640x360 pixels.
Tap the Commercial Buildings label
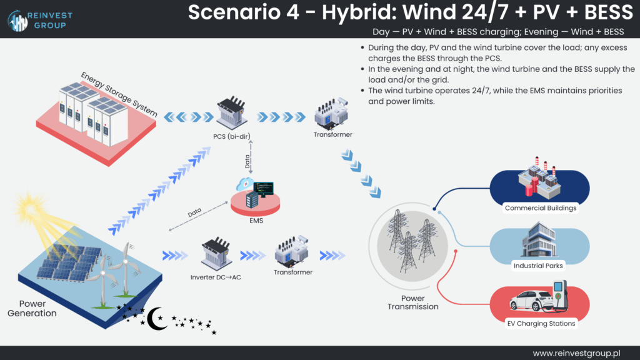(x=541, y=208)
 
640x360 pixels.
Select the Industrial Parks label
(x=538, y=266)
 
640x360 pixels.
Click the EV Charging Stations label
(x=541, y=323)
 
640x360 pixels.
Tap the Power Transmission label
(x=412, y=302)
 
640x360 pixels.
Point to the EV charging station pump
(x=560, y=294)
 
